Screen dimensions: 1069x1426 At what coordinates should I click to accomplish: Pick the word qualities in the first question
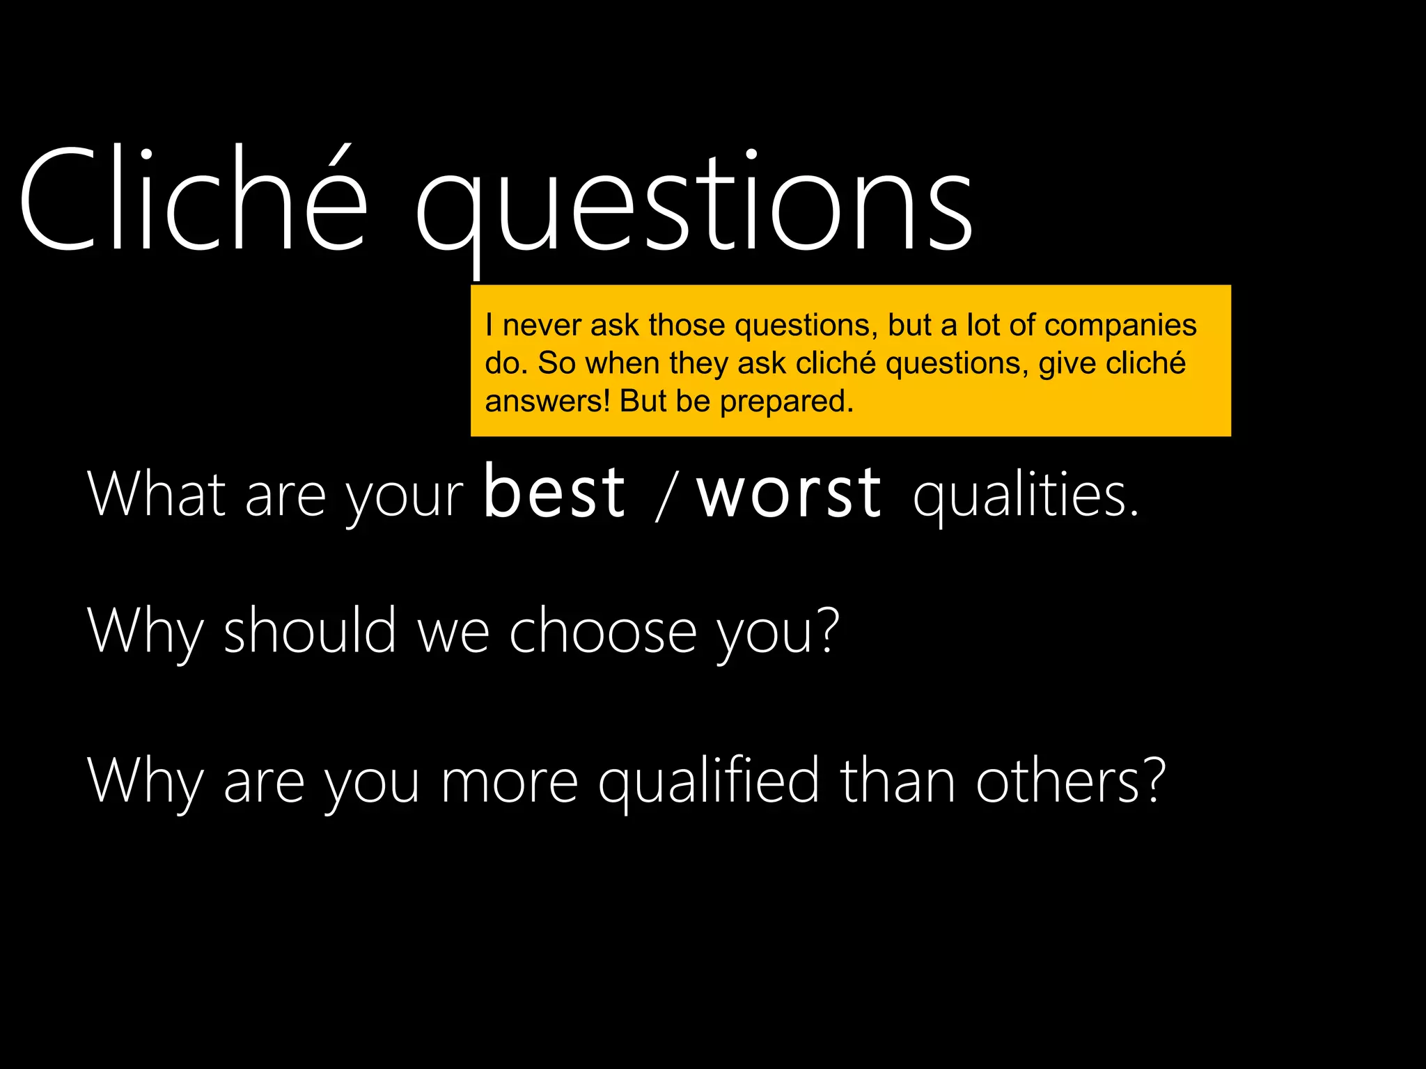(x=1026, y=496)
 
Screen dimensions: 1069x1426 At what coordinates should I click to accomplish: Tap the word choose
(x=603, y=631)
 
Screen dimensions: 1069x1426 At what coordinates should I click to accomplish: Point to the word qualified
(x=709, y=781)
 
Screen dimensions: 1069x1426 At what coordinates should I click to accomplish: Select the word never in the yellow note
(x=542, y=325)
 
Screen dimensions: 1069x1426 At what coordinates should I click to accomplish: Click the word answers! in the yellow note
(x=547, y=401)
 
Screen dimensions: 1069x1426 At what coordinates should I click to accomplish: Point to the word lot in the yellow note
(x=983, y=325)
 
